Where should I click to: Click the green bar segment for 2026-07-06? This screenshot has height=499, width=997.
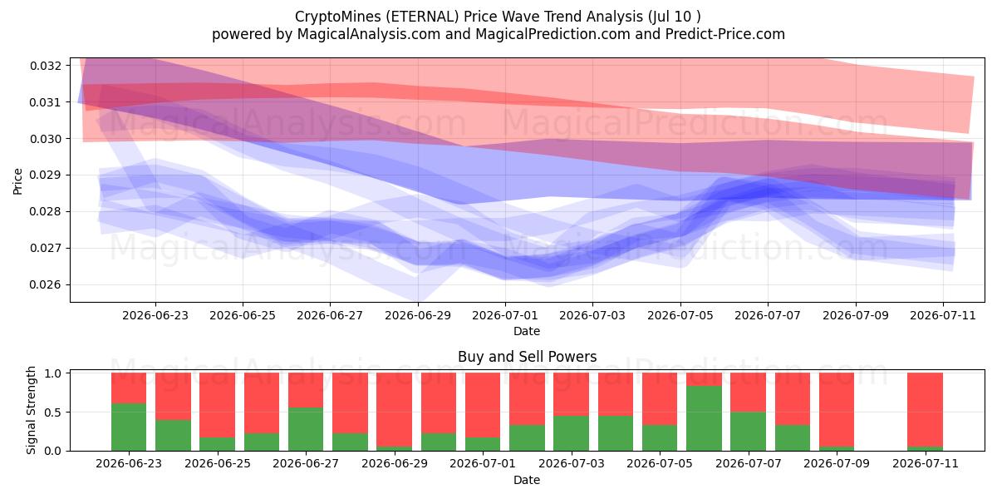coord(704,418)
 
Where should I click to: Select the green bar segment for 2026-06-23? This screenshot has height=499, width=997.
coord(129,427)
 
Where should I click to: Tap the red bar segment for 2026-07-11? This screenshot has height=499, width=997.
coord(925,409)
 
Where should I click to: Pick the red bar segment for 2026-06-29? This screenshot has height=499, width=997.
coord(394,409)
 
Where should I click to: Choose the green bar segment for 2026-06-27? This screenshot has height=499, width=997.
coord(306,429)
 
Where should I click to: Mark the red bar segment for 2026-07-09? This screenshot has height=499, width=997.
coord(837,409)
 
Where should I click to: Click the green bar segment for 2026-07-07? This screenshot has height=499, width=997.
coord(748,432)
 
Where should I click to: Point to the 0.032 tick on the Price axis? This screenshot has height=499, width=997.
coord(68,66)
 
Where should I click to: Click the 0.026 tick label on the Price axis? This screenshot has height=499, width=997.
coord(45,284)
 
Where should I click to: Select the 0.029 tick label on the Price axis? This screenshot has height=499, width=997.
coord(45,175)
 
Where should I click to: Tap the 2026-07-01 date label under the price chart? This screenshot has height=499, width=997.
coord(505,315)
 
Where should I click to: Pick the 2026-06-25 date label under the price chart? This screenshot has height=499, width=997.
coord(243,315)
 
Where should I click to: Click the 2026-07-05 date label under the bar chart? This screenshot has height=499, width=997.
coord(659,463)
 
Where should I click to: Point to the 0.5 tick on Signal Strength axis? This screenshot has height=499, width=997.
coord(68,413)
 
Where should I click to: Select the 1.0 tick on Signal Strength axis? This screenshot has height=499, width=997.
coord(68,373)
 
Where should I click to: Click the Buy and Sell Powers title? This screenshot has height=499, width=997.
coord(527,357)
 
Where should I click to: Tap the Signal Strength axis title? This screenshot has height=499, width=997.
coord(31,410)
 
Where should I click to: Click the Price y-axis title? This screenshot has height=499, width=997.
coord(17,181)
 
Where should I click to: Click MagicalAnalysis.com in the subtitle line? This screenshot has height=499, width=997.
coord(369,34)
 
